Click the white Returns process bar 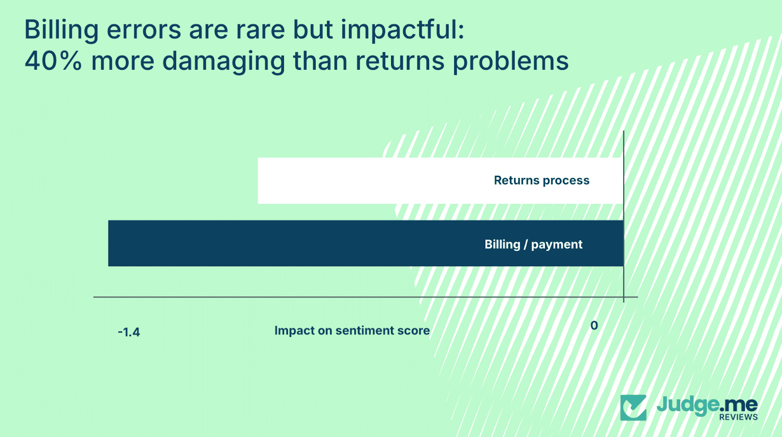coord(371,181)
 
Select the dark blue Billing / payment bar coord(293,243)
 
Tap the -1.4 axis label coord(129,333)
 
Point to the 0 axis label coord(594,326)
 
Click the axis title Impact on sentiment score coord(352,331)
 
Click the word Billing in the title coord(62,30)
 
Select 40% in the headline coord(53,62)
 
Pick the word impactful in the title coord(402,30)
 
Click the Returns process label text coord(542,181)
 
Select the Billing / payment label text coord(533,245)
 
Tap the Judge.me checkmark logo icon coord(633,408)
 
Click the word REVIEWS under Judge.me coord(738,417)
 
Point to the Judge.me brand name coord(706,405)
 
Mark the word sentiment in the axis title coord(365,331)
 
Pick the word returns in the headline coord(400,62)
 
